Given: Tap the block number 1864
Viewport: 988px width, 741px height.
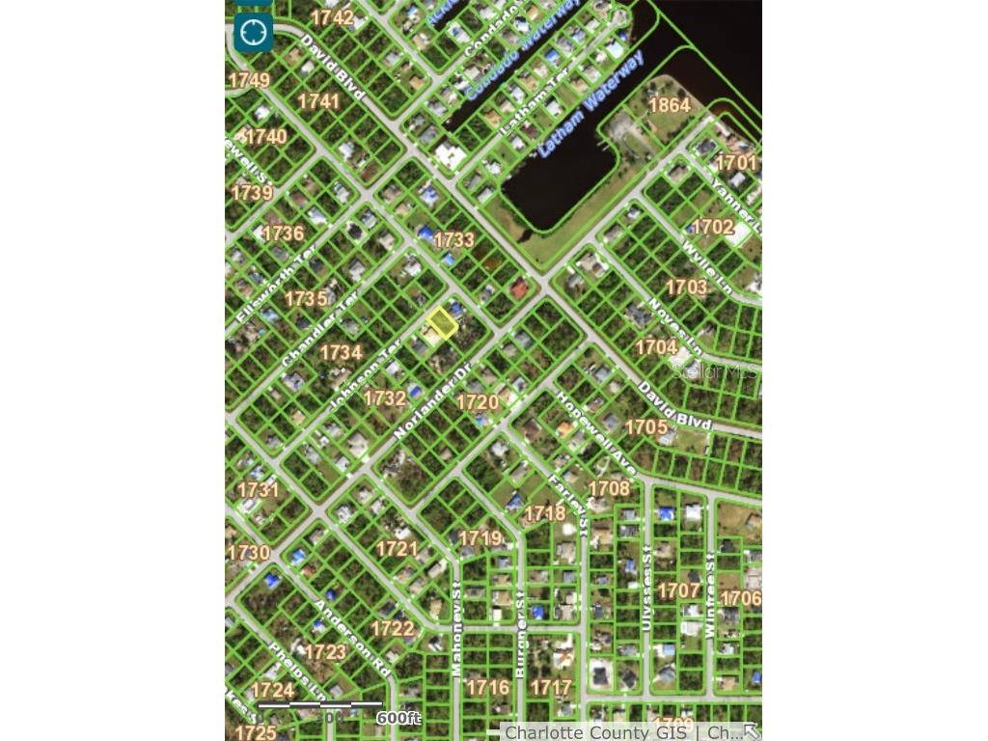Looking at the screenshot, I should pyautogui.click(x=669, y=105).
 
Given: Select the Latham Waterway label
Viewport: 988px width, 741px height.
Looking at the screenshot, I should pyautogui.click(x=590, y=104).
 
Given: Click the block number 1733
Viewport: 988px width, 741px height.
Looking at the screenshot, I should pyautogui.click(x=453, y=239).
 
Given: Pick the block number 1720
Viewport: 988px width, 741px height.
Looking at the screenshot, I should pyautogui.click(x=478, y=401).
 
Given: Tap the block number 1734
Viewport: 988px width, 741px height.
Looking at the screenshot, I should pyautogui.click(x=341, y=353).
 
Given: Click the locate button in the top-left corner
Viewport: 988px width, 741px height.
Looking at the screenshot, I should pyautogui.click(x=253, y=33).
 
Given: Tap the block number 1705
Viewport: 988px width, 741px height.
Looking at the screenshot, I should pyautogui.click(x=646, y=426).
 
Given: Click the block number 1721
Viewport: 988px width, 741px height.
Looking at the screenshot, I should pyautogui.click(x=397, y=549).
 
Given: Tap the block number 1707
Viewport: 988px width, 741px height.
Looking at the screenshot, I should pyautogui.click(x=679, y=590).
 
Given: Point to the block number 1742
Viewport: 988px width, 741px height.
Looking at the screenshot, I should pyautogui.click(x=332, y=17).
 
